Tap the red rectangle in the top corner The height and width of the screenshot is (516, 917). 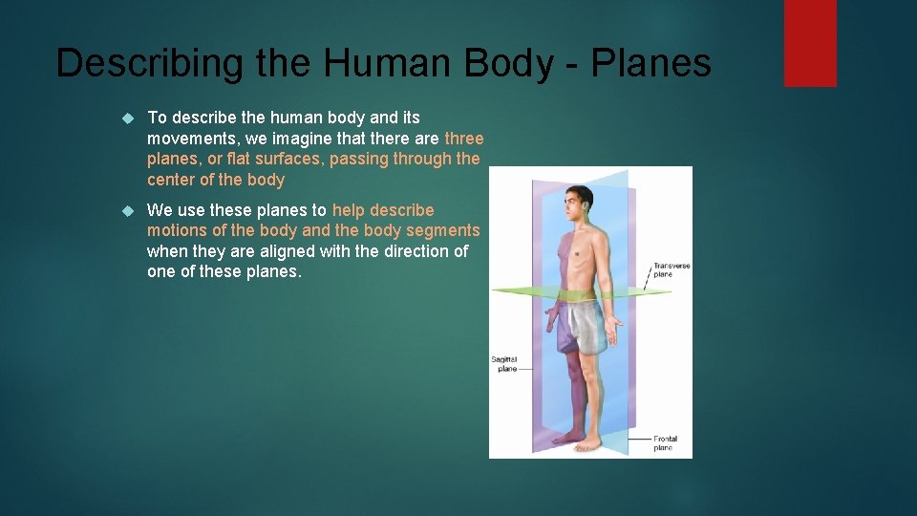point(810,42)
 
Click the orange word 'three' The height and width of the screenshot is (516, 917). point(464,139)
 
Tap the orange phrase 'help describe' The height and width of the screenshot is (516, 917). point(383,210)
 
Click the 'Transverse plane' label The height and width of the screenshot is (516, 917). point(671,269)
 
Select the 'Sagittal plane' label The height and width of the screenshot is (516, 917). point(503,363)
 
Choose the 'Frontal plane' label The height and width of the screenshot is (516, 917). point(664,442)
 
